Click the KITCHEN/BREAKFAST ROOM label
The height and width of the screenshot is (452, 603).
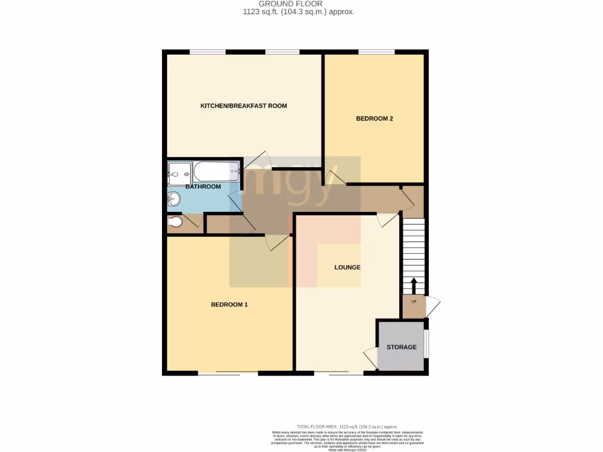[x=244, y=106]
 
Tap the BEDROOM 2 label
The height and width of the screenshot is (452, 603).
[x=375, y=118]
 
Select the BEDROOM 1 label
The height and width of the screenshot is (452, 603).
[x=230, y=304]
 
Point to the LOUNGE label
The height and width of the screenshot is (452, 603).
[x=347, y=267]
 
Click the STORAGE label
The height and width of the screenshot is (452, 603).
[x=402, y=347]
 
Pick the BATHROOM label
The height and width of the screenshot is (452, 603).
[x=203, y=187]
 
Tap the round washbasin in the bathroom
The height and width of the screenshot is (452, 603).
[x=174, y=199]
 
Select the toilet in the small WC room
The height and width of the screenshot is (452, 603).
[x=175, y=222]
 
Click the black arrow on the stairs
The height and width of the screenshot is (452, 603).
[x=413, y=285]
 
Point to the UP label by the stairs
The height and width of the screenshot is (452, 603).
[x=413, y=302]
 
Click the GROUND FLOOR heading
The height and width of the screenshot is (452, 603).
[x=299, y=4]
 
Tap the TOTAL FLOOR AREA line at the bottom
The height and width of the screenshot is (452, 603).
[x=347, y=426]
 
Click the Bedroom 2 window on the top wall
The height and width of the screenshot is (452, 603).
[x=377, y=52]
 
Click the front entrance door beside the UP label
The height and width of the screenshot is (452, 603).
[x=433, y=306]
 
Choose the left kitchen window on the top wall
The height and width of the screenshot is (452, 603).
[x=207, y=52]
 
